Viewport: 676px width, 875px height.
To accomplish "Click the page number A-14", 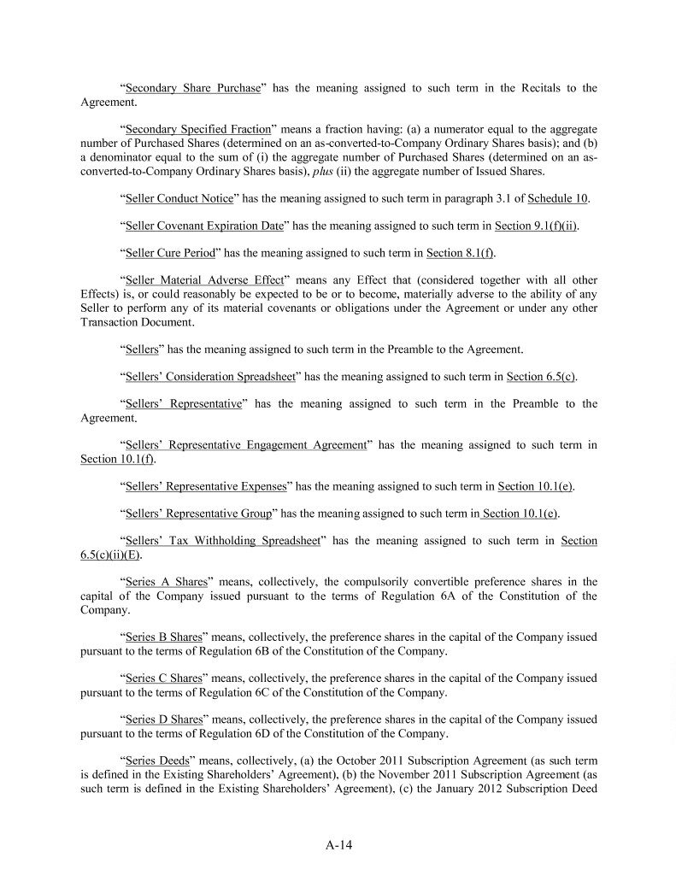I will coord(338,845).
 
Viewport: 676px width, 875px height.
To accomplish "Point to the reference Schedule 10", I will coord(558,199).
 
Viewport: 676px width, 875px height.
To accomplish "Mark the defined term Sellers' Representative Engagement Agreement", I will coord(245,444).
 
